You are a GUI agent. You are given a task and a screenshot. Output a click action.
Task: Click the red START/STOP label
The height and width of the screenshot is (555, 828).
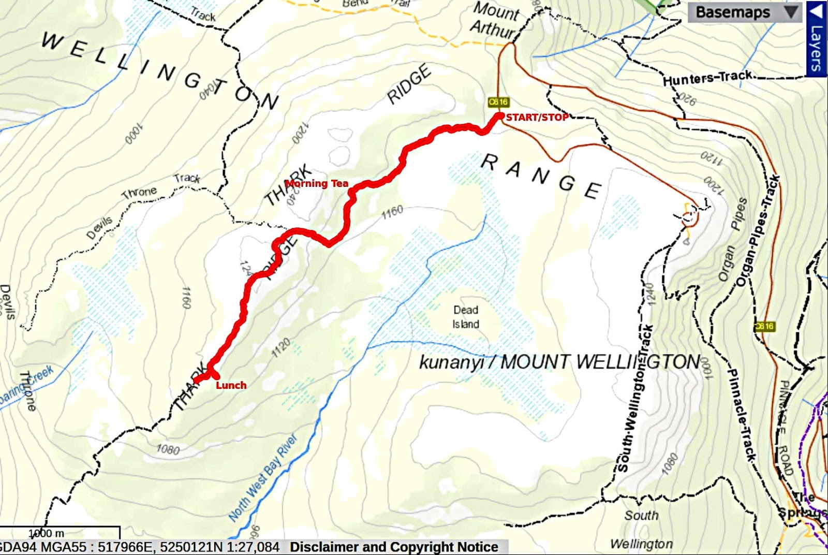point(537,118)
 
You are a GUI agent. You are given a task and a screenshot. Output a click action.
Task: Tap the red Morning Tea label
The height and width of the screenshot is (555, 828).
point(316,183)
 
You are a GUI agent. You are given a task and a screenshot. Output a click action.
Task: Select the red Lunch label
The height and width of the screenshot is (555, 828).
point(231,385)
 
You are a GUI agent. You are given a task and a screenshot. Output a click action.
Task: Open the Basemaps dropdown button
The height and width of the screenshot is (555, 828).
point(744,12)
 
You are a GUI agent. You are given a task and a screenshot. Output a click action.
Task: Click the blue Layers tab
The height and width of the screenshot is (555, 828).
point(817,39)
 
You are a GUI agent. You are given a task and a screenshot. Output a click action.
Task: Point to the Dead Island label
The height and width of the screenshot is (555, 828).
point(466,317)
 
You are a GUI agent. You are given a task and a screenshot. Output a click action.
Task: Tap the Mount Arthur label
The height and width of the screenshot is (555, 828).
point(495,20)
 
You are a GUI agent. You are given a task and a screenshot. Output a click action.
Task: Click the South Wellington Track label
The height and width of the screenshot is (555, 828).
point(635,399)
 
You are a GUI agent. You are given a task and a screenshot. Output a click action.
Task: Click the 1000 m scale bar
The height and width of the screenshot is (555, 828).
point(60,533)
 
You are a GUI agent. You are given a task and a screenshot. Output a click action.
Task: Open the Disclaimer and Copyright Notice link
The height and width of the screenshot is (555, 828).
point(394,547)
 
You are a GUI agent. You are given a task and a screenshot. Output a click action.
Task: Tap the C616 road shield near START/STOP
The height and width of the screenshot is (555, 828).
point(498,102)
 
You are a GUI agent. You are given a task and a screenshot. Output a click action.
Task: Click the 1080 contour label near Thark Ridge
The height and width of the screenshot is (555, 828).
point(168,449)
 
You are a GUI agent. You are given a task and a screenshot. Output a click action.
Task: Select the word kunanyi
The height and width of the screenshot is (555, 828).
point(451,362)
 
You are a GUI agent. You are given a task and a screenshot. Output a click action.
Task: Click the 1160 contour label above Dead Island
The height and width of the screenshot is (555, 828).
point(392,212)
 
